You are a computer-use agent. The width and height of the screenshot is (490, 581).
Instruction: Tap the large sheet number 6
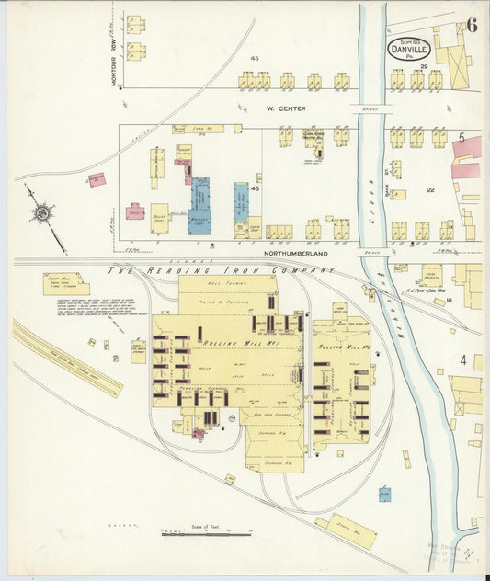pos(472,24)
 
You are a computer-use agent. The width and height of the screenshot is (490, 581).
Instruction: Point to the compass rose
pos(41,213)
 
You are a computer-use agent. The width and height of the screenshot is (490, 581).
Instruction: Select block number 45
pos(255,59)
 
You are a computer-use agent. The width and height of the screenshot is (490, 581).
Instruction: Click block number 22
pos(429,189)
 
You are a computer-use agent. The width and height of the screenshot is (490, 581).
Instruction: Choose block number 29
pos(424,66)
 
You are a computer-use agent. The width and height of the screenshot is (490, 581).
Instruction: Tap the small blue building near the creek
pos(383,495)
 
